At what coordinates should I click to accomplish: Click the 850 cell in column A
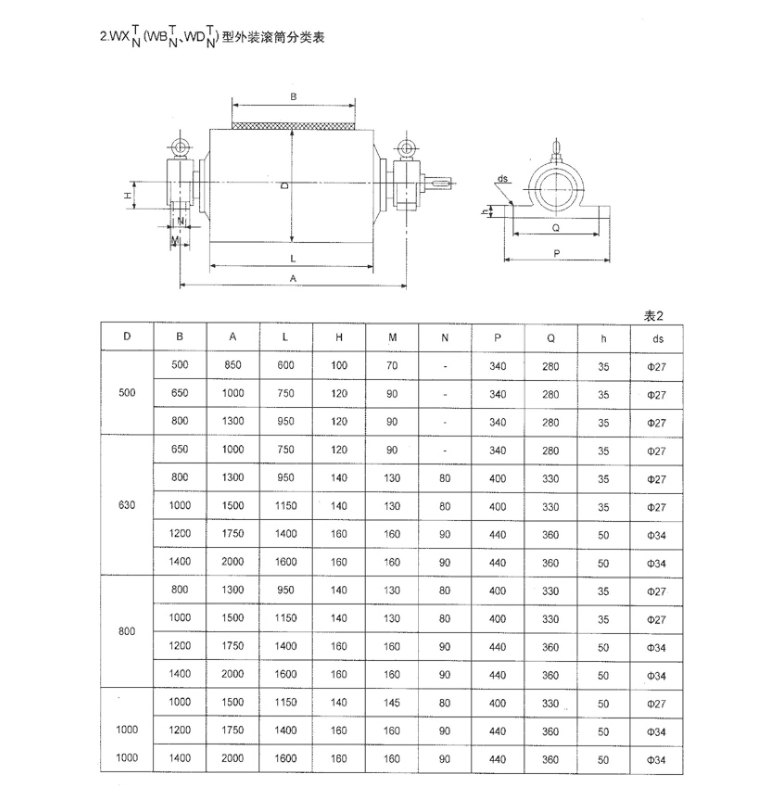(x=232, y=365)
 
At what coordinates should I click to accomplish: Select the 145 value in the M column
(x=392, y=703)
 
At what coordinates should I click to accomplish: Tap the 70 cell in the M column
(x=392, y=365)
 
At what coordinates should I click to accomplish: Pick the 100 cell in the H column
(x=339, y=365)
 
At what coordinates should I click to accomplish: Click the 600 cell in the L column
(x=285, y=365)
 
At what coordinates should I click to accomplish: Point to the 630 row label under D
(x=127, y=505)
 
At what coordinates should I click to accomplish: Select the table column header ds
(x=658, y=339)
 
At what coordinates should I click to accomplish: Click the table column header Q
(x=550, y=338)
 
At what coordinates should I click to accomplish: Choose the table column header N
(x=445, y=338)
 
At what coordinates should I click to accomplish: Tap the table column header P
(x=497, y=338)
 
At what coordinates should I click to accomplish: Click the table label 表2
(x=653, y=316)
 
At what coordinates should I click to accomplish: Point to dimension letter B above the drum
(x=293, y=96)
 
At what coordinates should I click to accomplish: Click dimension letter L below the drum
(x=293, y=258)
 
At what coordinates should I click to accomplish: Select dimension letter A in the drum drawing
(x=293, y=278)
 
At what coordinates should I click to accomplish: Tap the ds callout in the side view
(x=502, y=178)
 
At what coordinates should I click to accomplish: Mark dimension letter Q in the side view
(x=555, y=228)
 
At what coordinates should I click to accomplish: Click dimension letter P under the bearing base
(x=556, y=253)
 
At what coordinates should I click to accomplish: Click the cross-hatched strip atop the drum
(x=293, y=126)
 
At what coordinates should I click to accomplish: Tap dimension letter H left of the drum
(x=128, y=195)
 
